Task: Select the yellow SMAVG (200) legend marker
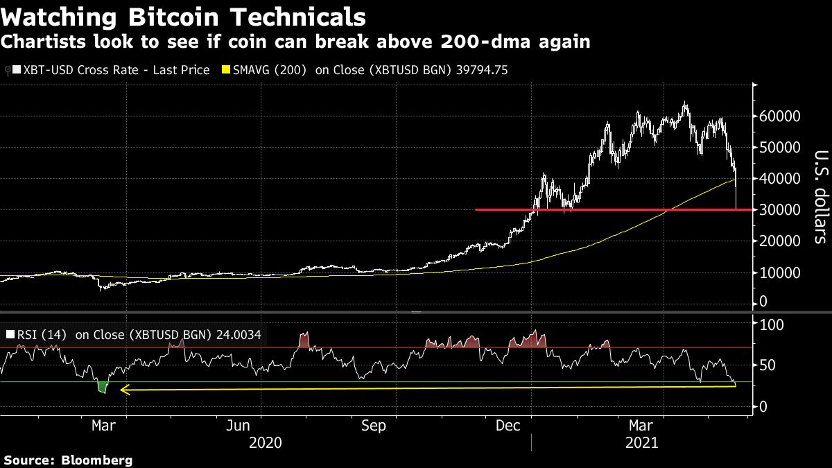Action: coord(225,70)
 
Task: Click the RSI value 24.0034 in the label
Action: coord(236,335)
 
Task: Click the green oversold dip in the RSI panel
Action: coord(103,388)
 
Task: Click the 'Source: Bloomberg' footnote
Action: coord(67,460)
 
